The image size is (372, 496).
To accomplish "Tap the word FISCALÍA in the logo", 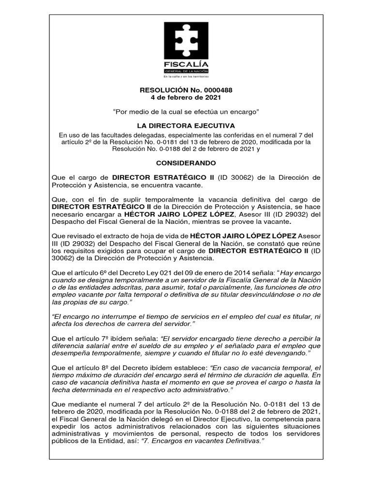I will pos(186,64).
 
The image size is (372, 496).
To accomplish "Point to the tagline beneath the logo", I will pos(186,77).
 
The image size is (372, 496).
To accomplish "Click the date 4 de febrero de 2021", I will pos(186,98).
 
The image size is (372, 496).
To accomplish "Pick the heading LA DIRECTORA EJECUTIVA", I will pos(186,125).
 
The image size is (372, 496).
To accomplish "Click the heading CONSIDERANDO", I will pos(186,163).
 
